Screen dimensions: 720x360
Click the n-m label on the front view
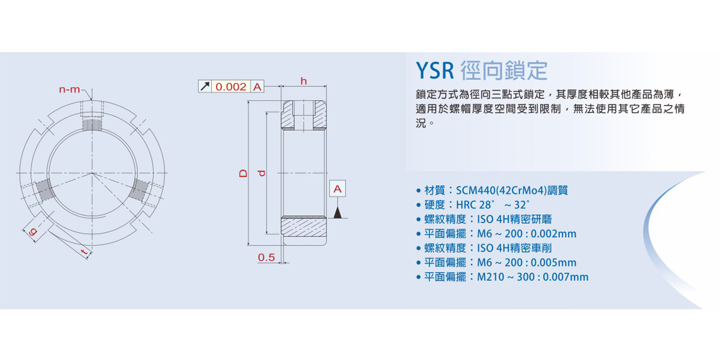pyautogui.click(x=70, y=90)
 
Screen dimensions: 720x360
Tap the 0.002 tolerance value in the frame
pyautogui.click(x=231, y=87)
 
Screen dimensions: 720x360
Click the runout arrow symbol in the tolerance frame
pyautogui.click(x=205, y=87)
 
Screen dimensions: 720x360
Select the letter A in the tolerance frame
pyautogui.click(x=257, y=87)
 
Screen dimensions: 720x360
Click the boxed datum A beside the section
pyautogui.click(x=338, y=189)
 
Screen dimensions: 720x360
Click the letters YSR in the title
pyautogui.click(x=435, y=71)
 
